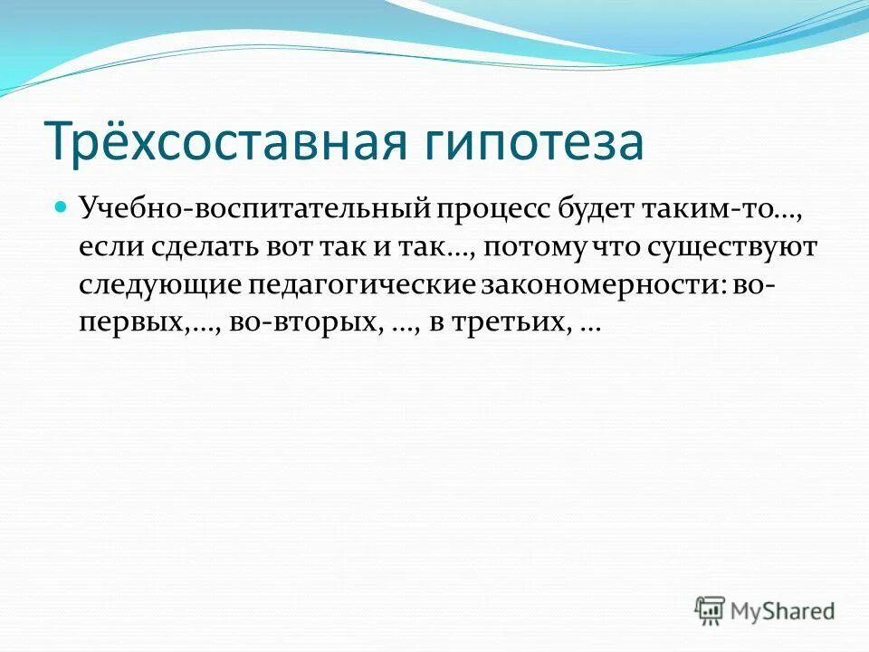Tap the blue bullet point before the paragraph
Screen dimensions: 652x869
pos(62,207)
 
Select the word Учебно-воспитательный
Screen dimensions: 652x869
pos(253,209)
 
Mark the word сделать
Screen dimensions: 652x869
pos(195,248)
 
